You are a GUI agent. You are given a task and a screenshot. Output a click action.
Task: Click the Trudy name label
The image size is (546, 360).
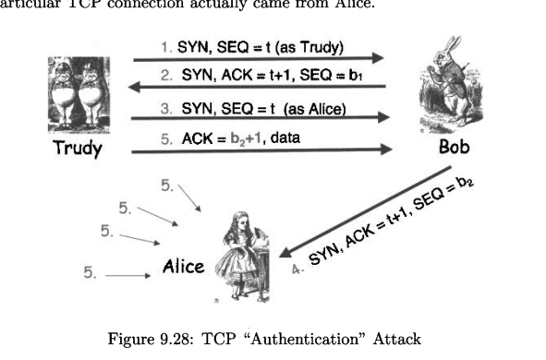point(78,148)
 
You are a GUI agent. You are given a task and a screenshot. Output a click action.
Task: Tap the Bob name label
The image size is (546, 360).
point(454,147)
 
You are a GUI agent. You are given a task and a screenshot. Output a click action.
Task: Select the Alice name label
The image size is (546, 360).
point(183,267)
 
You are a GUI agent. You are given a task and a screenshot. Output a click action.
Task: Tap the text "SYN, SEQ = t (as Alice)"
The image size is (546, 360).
point(263,108)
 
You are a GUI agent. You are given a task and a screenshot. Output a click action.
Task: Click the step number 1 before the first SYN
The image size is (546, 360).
point(164,46)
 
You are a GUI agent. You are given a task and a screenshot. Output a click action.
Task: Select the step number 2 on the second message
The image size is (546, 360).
point(165,77)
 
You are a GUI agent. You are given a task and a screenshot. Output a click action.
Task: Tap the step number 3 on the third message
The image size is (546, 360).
point(165,108)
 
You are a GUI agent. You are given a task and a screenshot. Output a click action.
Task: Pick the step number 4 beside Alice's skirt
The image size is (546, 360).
point(297,270)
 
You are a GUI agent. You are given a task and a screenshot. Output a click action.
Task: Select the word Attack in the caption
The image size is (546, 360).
point(396,340)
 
